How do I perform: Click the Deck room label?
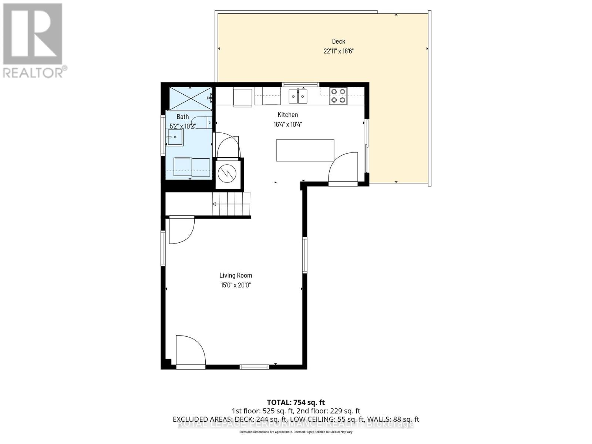tap(338, 41)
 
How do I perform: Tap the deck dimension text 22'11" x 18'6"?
tap(338, 51)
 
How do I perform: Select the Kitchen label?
tap(287, 115)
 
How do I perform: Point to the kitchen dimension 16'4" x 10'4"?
tap(287, 124)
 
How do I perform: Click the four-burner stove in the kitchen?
tap(338, 95)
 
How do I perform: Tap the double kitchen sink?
tap(298, 97)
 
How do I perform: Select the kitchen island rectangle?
tap(305, 150)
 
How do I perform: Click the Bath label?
tap(182, 117)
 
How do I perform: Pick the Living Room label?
tap(235, 275)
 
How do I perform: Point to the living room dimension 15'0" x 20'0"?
tap(235, 285)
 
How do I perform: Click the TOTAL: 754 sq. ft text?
tap(296, 402)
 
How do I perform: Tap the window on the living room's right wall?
tap(305, 255)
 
